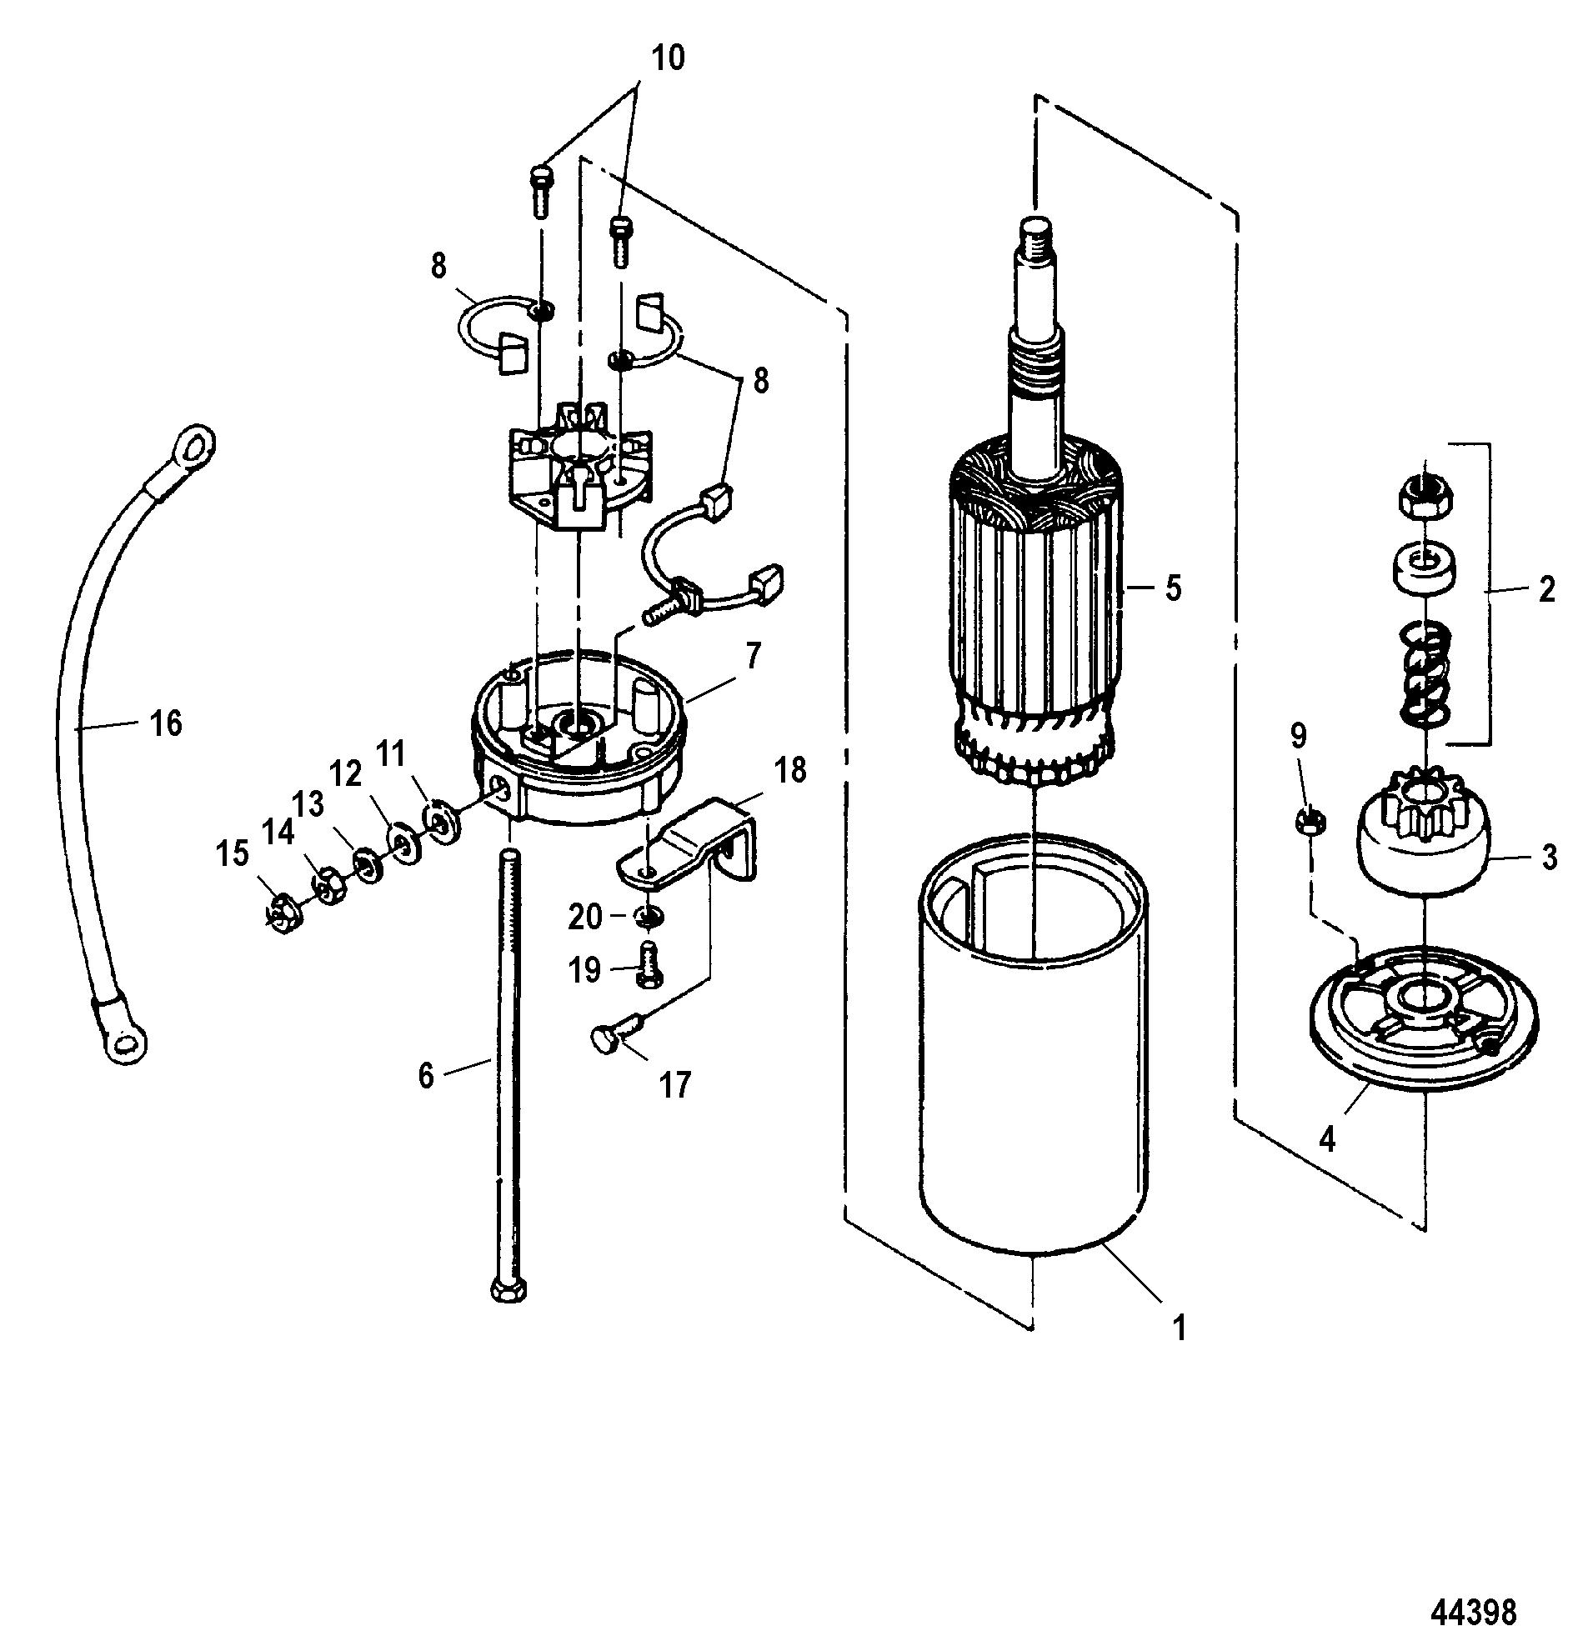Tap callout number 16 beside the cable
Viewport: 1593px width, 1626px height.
(x=166, y=723)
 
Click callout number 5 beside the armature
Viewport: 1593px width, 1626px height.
(x=1173, y=589)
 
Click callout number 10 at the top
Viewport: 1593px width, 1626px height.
(x=667, y=58)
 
